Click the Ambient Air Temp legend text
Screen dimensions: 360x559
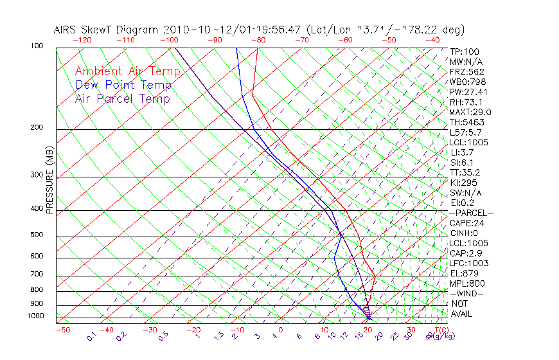click(x=123, y=71)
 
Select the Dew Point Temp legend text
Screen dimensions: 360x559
click(x=123, y=85)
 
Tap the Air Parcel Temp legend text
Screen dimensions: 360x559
click(x=122, y=98)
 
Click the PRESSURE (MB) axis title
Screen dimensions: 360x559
click(x=49, y=180)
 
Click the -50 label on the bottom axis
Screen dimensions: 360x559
click(x=63, y=330)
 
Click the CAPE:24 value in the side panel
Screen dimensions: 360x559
click(x=466, y=223)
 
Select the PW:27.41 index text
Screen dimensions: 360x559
click(x=468, y=92)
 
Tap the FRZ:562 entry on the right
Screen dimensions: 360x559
click(x=466, y=71)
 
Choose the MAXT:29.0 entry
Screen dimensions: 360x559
click(x=470, y=112)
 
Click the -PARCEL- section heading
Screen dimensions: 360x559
click(x=471, y=213)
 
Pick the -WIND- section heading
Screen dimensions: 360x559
click(x=466, y=293)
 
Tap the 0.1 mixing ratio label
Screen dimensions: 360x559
click(x=91, y=336)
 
